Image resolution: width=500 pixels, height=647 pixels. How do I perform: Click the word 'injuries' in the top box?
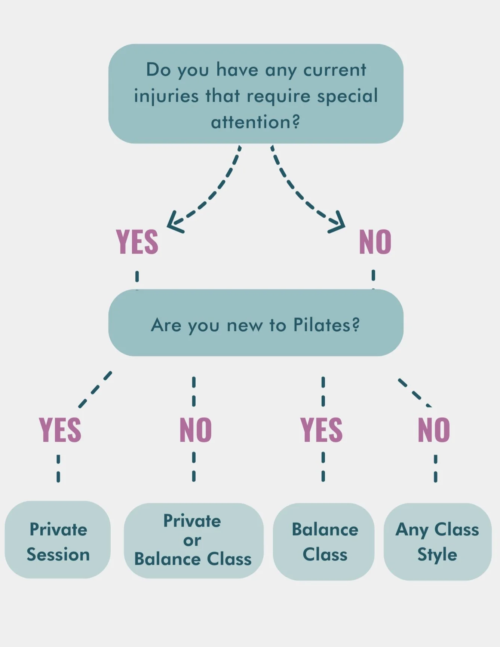[x=166, y=96]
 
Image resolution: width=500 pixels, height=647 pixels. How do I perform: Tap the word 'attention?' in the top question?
[x=255, y=122]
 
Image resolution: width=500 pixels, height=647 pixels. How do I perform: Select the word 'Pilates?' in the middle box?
[x=326, y=325]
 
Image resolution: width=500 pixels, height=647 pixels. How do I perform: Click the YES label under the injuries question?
[x=137, y=242]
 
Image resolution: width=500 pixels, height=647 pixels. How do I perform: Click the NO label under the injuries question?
[x=375, y=242]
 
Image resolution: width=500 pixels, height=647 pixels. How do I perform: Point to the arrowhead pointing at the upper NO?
[x=338, y=224]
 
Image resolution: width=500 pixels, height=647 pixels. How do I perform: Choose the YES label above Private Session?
[x=60, y=430]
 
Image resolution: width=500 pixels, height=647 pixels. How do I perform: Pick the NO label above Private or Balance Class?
[x=196, y=430]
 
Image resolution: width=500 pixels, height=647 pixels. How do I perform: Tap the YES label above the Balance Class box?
[x=322, y=430]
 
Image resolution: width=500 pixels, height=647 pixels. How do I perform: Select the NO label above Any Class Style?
[x=434, y=430]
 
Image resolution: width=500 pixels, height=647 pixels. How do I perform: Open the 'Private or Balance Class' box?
[x=193, y=541]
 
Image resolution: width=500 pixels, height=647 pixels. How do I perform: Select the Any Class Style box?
[x=438, y=542]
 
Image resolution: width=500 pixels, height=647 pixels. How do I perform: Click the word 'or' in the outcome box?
[x=192, y=540]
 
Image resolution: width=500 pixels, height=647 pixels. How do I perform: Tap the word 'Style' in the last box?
[x=437, y=554]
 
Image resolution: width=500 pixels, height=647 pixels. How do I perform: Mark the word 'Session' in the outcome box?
[x=58, y=554]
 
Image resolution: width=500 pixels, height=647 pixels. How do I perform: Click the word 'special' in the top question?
[x=347, y=96]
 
